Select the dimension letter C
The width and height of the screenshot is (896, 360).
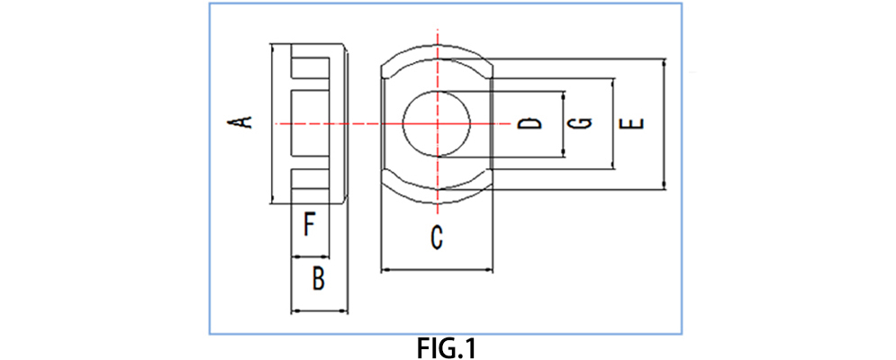pyautogui.click(x=437, y=238)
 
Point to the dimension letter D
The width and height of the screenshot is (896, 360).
pyautogui.click(x=533, y=122)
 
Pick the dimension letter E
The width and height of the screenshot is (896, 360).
pyautogui.click(x=636, y=122)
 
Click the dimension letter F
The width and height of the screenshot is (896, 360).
pyautogui.click(x=309, y=223)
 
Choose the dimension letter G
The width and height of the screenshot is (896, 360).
pyautogui.click(x=584, y=122)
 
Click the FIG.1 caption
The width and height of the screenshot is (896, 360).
pyautogui.click(x=447, y=347)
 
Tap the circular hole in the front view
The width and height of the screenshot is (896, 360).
pyautogui.click(x=437, y=123)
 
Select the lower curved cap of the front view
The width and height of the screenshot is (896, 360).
pyautogui.click(x=437, y=186)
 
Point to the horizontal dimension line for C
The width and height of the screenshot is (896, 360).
pyautogui.click(x=438, y=268)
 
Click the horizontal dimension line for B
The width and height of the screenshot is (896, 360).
pyautogui.click(x=319, y=311)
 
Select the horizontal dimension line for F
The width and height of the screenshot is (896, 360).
pyautogui.click(x=309, y=256)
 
